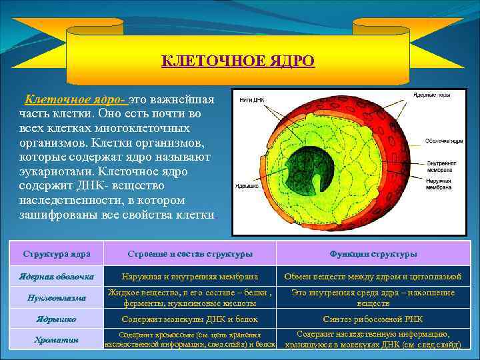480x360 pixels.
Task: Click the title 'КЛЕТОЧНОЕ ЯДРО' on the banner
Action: coord(238,61)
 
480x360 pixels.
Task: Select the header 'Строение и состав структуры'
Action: coord(190,254)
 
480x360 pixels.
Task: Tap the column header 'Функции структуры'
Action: coord(373,254)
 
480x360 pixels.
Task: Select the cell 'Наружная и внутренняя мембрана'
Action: coord(191,276)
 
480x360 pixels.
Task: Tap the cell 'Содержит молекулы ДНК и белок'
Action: coord(191,319)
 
